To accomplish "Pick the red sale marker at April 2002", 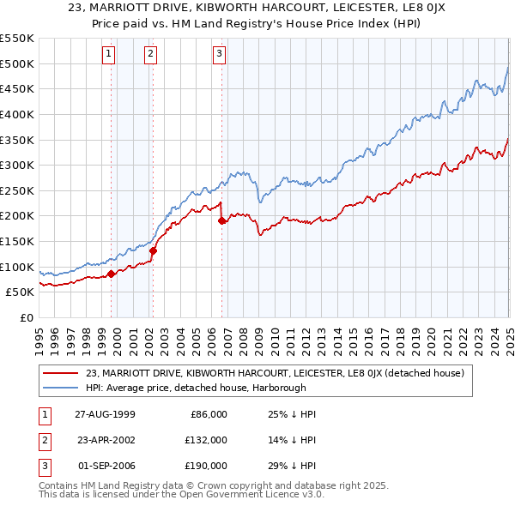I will [x=154, y=250].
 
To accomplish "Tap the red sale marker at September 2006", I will [x=221, y=220].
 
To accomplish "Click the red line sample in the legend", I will [x=60, y=373].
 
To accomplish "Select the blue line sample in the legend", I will [x=60, y=387].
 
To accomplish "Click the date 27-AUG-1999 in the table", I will [x=106, y=414].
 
